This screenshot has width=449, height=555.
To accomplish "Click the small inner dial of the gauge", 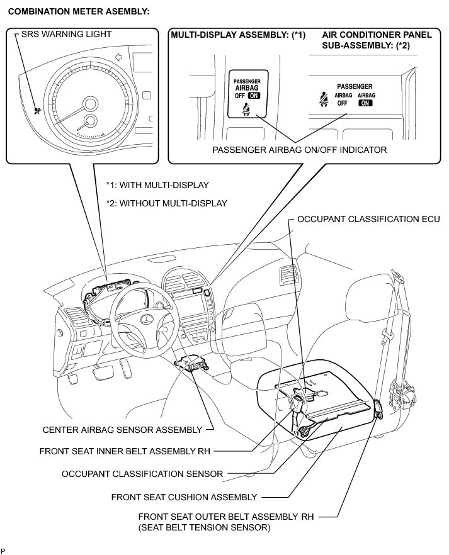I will click(91, 122).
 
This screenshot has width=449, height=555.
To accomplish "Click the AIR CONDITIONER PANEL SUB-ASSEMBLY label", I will click(377, 40).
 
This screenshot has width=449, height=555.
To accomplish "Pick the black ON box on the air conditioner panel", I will click(366, 103).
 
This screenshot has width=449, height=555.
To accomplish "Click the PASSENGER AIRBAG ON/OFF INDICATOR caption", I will click(299, 150).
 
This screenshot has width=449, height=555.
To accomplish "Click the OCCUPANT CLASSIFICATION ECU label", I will click(368, 220).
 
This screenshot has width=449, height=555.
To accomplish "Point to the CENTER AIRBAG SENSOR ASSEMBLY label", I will click(122, 430).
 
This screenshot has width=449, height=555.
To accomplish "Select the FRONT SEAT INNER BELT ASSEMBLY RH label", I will click(124, 451).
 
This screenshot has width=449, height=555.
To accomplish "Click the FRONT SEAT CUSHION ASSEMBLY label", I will click(184, 497).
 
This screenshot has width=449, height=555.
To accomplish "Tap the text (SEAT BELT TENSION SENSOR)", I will click(204, 528).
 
